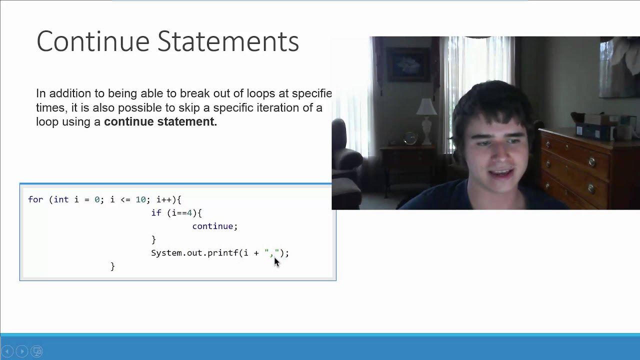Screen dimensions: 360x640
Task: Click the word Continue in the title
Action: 92,41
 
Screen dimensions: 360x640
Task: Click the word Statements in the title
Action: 228,41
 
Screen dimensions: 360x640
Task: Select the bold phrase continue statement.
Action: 160,121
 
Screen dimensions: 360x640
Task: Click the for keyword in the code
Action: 35,199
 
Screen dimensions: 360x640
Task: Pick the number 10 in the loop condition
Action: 140,199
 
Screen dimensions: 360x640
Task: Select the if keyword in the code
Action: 156,213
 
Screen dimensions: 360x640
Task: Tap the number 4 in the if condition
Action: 189,213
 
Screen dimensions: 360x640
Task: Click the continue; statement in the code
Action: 214,226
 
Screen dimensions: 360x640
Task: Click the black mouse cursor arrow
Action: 276,262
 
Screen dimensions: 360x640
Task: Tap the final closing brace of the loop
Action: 112,266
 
